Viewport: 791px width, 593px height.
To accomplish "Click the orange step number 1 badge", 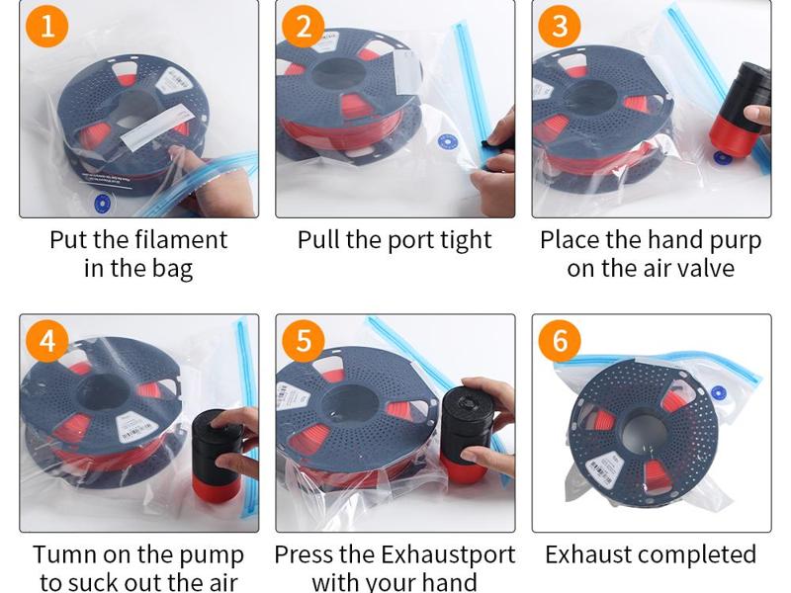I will point(47,26).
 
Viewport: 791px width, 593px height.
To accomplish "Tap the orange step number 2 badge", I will point(303,26).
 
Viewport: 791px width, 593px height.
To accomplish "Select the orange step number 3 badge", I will point(560,26).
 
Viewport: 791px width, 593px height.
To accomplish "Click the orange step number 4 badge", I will point(47,341).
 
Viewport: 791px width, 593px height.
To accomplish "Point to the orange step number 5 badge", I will point(303,341).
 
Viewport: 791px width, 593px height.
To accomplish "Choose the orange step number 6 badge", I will point(560,341).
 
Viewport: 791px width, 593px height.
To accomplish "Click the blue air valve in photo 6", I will point(719,392).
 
